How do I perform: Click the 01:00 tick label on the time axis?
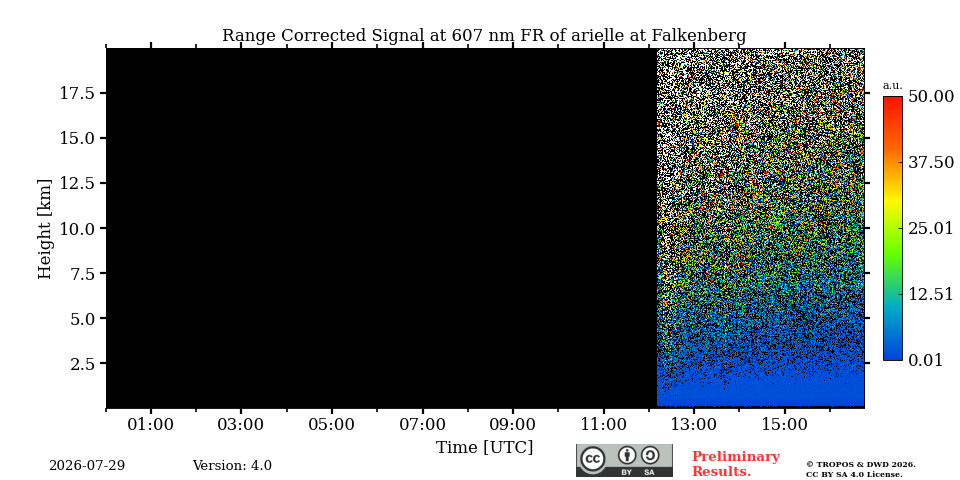(x=151, y=424)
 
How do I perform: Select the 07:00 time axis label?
(x=422, y=424)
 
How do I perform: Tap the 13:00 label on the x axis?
(x=694, y=424)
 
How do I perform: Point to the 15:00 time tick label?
(x=785, y=424)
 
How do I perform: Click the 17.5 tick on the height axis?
(x=77, y=93)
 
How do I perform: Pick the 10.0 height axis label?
(x=77, y=228)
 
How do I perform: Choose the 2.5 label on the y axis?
(x=82, y=364)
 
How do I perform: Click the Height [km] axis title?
(x=45, y=229)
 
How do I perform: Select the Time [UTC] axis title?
(x=484, y=448)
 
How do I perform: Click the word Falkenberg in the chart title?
(x=699, y=36)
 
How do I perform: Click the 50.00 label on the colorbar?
(x=931, y=97)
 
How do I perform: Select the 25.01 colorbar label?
(x=931, y=229)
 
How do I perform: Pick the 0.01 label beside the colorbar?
(x=925, y=360)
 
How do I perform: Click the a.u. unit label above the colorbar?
(x=893, y=86)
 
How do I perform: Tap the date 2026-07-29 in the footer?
(x=87, y=466)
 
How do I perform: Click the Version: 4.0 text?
(x=232, y=466)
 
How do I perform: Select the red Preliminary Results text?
(x=736, y=464)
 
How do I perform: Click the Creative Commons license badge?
(x=624, y=460)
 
